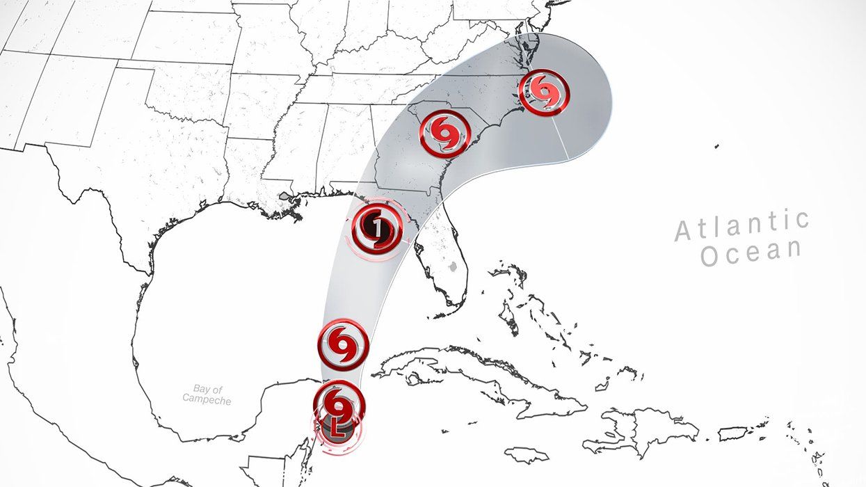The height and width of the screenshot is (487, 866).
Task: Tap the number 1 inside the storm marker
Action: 376,227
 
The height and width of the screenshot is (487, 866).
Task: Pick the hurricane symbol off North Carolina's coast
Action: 545,91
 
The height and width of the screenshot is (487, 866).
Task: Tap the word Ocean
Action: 750,255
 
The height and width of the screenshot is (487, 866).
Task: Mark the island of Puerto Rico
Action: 732,433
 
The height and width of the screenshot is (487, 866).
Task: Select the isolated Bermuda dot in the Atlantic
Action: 716,146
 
